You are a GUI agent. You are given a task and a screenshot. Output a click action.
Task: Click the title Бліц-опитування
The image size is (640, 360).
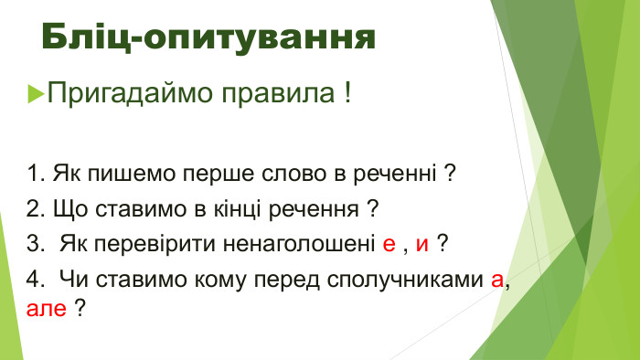tap(208, 39)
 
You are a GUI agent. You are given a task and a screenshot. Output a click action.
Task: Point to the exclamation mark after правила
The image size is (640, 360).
tap(348, 93)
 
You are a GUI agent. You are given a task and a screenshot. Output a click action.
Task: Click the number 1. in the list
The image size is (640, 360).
tap(37, 173)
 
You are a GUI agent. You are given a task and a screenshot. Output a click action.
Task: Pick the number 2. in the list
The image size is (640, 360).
tap(37, 208)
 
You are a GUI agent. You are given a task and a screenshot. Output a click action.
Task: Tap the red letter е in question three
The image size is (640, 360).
tap(389, 245)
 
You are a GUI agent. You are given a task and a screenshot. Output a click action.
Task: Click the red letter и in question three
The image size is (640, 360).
tap(421, 245)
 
